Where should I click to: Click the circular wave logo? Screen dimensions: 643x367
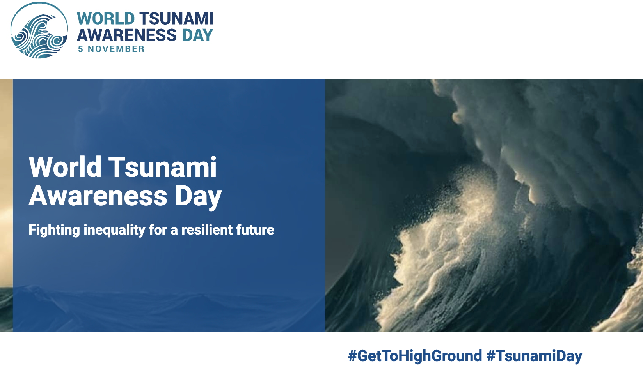tap(39, 30)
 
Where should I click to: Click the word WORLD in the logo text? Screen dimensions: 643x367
tap(106, 19)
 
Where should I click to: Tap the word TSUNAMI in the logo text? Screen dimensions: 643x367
tap(176, 19)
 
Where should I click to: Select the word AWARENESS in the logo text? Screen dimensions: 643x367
tap(126, 35)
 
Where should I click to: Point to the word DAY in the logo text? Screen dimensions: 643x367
tap(198, 35)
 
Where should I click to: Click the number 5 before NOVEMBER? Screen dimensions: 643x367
tap(81, 49)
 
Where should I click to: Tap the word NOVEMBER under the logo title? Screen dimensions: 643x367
tap(116, 49)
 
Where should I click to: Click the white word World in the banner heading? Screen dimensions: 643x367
tap(65, 167)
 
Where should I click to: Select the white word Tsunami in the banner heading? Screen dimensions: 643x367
tap(162, 167)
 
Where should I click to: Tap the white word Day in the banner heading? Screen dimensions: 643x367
tap(198, 197)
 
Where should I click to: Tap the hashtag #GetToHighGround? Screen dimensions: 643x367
tap(415, 356)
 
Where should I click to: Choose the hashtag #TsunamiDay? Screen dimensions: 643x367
tap(535, 356)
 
